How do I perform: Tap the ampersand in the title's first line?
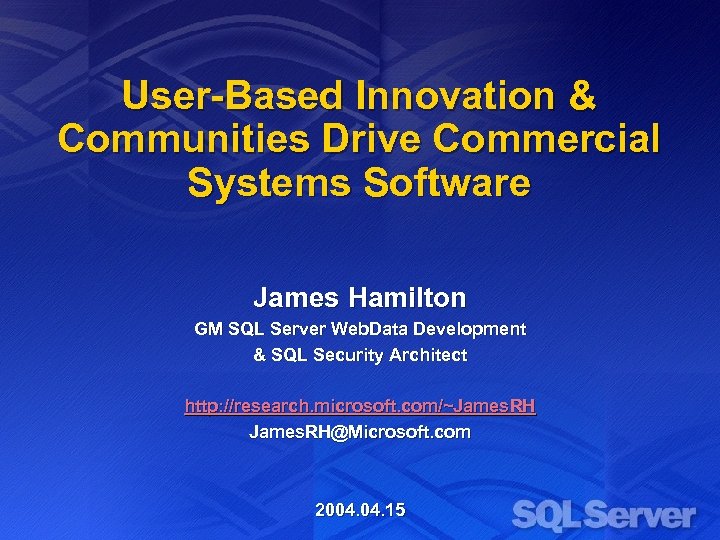point(580,97)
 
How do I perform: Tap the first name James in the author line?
point(295,298)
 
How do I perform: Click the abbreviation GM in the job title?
point(208,329)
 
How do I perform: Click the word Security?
point(350,355)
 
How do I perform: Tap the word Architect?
point(430,355)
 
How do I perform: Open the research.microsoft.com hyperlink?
point(360,406)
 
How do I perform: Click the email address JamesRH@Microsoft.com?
point(360,432)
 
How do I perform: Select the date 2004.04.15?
point(360,510)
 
